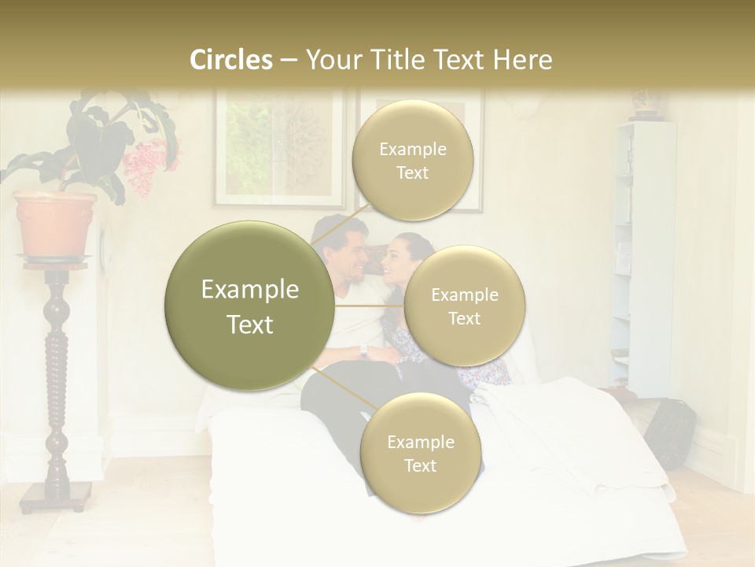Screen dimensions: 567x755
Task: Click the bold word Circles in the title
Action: pos(231,60)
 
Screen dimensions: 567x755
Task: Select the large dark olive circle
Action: pos(249,306)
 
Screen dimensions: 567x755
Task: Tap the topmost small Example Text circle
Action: pos(412,160)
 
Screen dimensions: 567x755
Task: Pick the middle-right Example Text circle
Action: pos(464,306)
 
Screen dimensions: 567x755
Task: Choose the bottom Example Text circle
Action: pos(420,453)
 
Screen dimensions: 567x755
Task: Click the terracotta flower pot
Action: pos(55,223)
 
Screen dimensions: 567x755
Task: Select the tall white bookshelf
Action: pos(643,252)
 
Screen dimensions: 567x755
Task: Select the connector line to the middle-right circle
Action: pos(370,306)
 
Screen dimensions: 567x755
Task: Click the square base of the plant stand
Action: pos(56,495)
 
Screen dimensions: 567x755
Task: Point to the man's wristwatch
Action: pos(363,351)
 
